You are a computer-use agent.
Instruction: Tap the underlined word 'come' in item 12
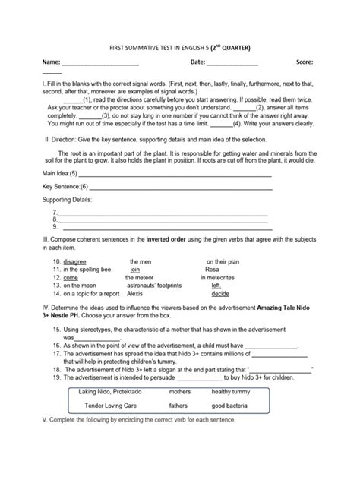70,278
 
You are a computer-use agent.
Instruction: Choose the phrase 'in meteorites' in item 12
218,278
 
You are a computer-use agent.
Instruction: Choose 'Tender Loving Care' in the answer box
112,406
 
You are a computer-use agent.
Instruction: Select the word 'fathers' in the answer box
179,406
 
